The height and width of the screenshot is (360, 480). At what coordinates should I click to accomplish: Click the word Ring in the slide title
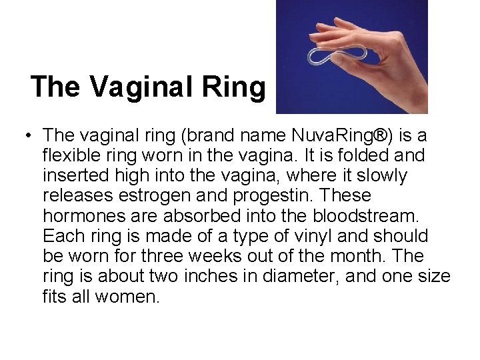(x=237, y=87)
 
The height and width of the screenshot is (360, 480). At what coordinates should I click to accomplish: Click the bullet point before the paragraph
(x=23, y=137)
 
